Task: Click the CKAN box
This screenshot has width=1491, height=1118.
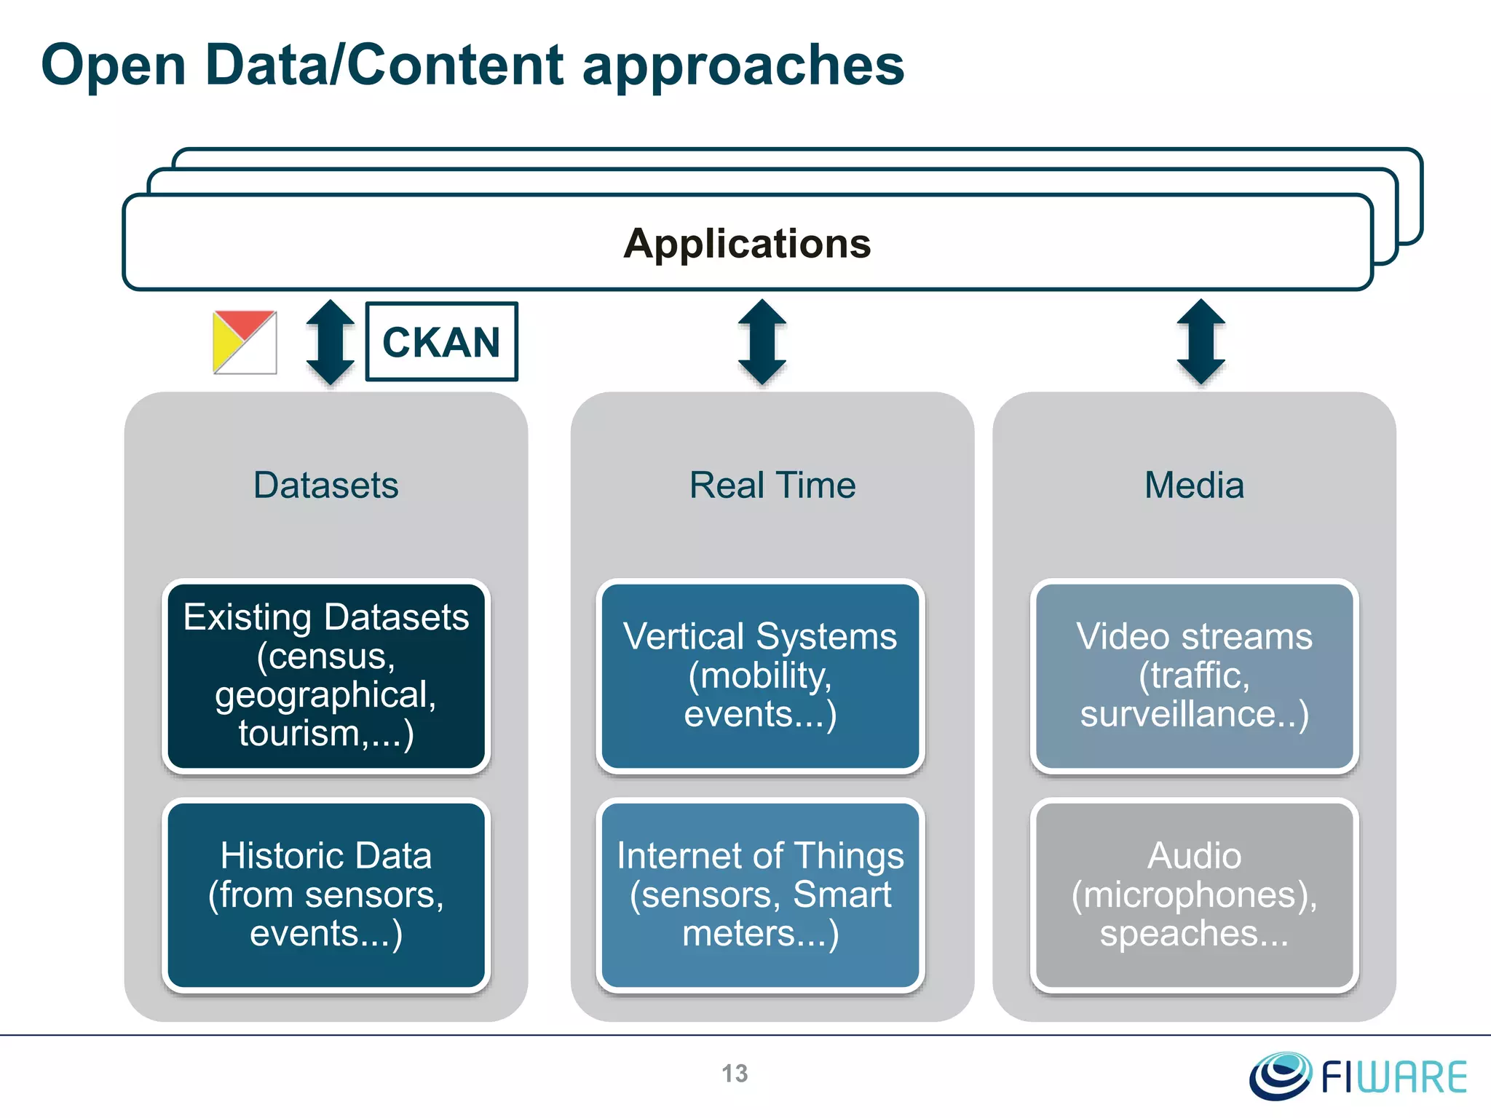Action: click(441, 342)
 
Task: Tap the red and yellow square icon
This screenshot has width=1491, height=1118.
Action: click(245, 342)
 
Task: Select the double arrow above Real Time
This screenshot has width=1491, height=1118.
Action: click(762, 341)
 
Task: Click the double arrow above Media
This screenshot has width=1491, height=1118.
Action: click(1201, 341)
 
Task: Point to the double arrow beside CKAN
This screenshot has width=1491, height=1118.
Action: click(330, 342)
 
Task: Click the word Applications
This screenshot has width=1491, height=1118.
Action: click(747, 243)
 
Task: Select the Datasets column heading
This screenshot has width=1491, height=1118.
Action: click(325, 485)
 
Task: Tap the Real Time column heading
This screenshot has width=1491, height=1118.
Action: click(772, 485)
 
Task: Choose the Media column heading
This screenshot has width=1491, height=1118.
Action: click(1194, 485)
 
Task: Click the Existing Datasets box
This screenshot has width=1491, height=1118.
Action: click(325, 675)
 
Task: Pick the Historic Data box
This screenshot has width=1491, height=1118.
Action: click(325, 895)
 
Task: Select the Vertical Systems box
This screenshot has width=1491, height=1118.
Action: click(760, 675)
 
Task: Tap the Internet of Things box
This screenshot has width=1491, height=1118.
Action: click(760, 895)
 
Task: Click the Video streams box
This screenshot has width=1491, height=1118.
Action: click(1194, 675)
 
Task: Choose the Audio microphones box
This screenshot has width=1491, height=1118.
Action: click(1194, 895)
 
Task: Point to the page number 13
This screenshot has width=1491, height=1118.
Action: click(735, 1074)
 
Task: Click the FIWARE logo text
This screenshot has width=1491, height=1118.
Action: click(1393, 1078)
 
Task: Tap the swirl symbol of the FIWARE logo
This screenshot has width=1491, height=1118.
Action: click(1280, 1075)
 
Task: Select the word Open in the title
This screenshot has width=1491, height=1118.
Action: click(114, 66)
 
